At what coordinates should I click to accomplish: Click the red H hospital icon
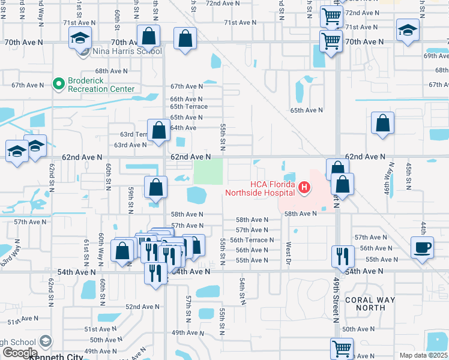[x=304, y=188]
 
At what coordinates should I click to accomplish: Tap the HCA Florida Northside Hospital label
[x=260, y=188]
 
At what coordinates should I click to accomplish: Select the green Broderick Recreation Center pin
[x=58, y=83]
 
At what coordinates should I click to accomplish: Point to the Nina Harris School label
[x=128, y=52]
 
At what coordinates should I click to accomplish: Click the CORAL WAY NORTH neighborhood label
[x=370, y=304]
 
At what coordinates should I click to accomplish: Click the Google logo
[x=19, y=353]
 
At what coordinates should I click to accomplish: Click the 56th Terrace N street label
[x=252, y=240]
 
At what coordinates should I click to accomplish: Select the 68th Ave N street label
[x=112, y=71]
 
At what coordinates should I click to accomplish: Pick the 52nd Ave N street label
[x=142, y=307]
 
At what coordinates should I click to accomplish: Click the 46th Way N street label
[x=390, y=179]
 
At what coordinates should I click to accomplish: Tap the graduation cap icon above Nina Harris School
[x=80, y=39]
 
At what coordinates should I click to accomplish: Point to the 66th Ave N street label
[x=186, y=99]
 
